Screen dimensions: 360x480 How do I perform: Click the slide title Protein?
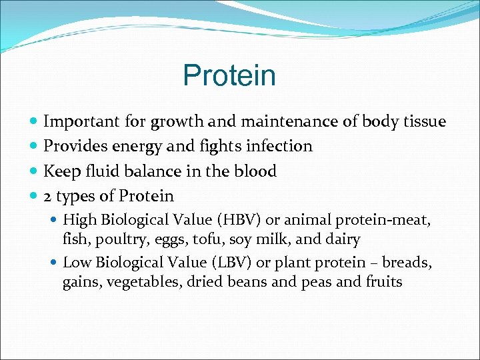pos(229,76)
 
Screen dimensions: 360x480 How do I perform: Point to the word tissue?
pos(423,121)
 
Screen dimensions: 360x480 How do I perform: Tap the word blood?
pos(255,171)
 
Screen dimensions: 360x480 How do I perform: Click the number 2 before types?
pos(48,197)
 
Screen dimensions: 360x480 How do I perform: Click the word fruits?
pos(383,281)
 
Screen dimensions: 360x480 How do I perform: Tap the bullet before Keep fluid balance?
pos(34,172)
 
